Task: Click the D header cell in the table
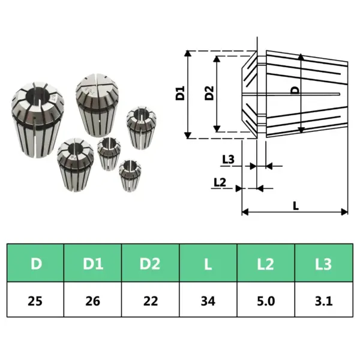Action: point(36,263)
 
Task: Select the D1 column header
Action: point(93,263)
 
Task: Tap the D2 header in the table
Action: point(151,263)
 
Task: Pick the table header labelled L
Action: point(208,263)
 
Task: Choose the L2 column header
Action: point(266,263)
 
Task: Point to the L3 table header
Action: point(323,263)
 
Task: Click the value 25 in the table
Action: point(36,300)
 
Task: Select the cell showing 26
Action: point(93,300)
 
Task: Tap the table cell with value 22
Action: point(151,300)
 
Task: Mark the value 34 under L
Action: point(208,300)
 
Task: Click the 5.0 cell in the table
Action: point(266,300)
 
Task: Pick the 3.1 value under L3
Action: point(323,300)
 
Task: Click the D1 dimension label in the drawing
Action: point(179,94)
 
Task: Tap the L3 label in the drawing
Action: point(228,160)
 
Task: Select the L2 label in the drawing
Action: point(220,182)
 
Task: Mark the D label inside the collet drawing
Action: point(295,91)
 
